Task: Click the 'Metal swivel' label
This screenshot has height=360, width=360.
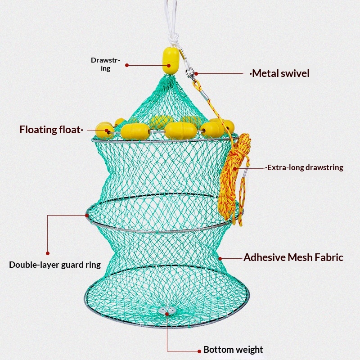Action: tap(280, 73)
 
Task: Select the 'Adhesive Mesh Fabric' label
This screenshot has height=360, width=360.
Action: tap(293, 257)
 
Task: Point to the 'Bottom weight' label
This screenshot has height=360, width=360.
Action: tap(233, 350)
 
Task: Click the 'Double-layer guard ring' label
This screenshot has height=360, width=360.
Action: tap(55, 265)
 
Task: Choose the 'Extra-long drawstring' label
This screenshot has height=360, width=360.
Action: tap(305, 167)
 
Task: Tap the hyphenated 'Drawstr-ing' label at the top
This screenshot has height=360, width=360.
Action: tap(105, 64)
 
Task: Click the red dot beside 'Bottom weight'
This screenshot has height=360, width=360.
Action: tap(199, 350)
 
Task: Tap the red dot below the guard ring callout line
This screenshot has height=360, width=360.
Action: tap(48, 253)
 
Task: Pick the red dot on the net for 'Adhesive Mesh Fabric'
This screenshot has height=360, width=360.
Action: tap(220, 258)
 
